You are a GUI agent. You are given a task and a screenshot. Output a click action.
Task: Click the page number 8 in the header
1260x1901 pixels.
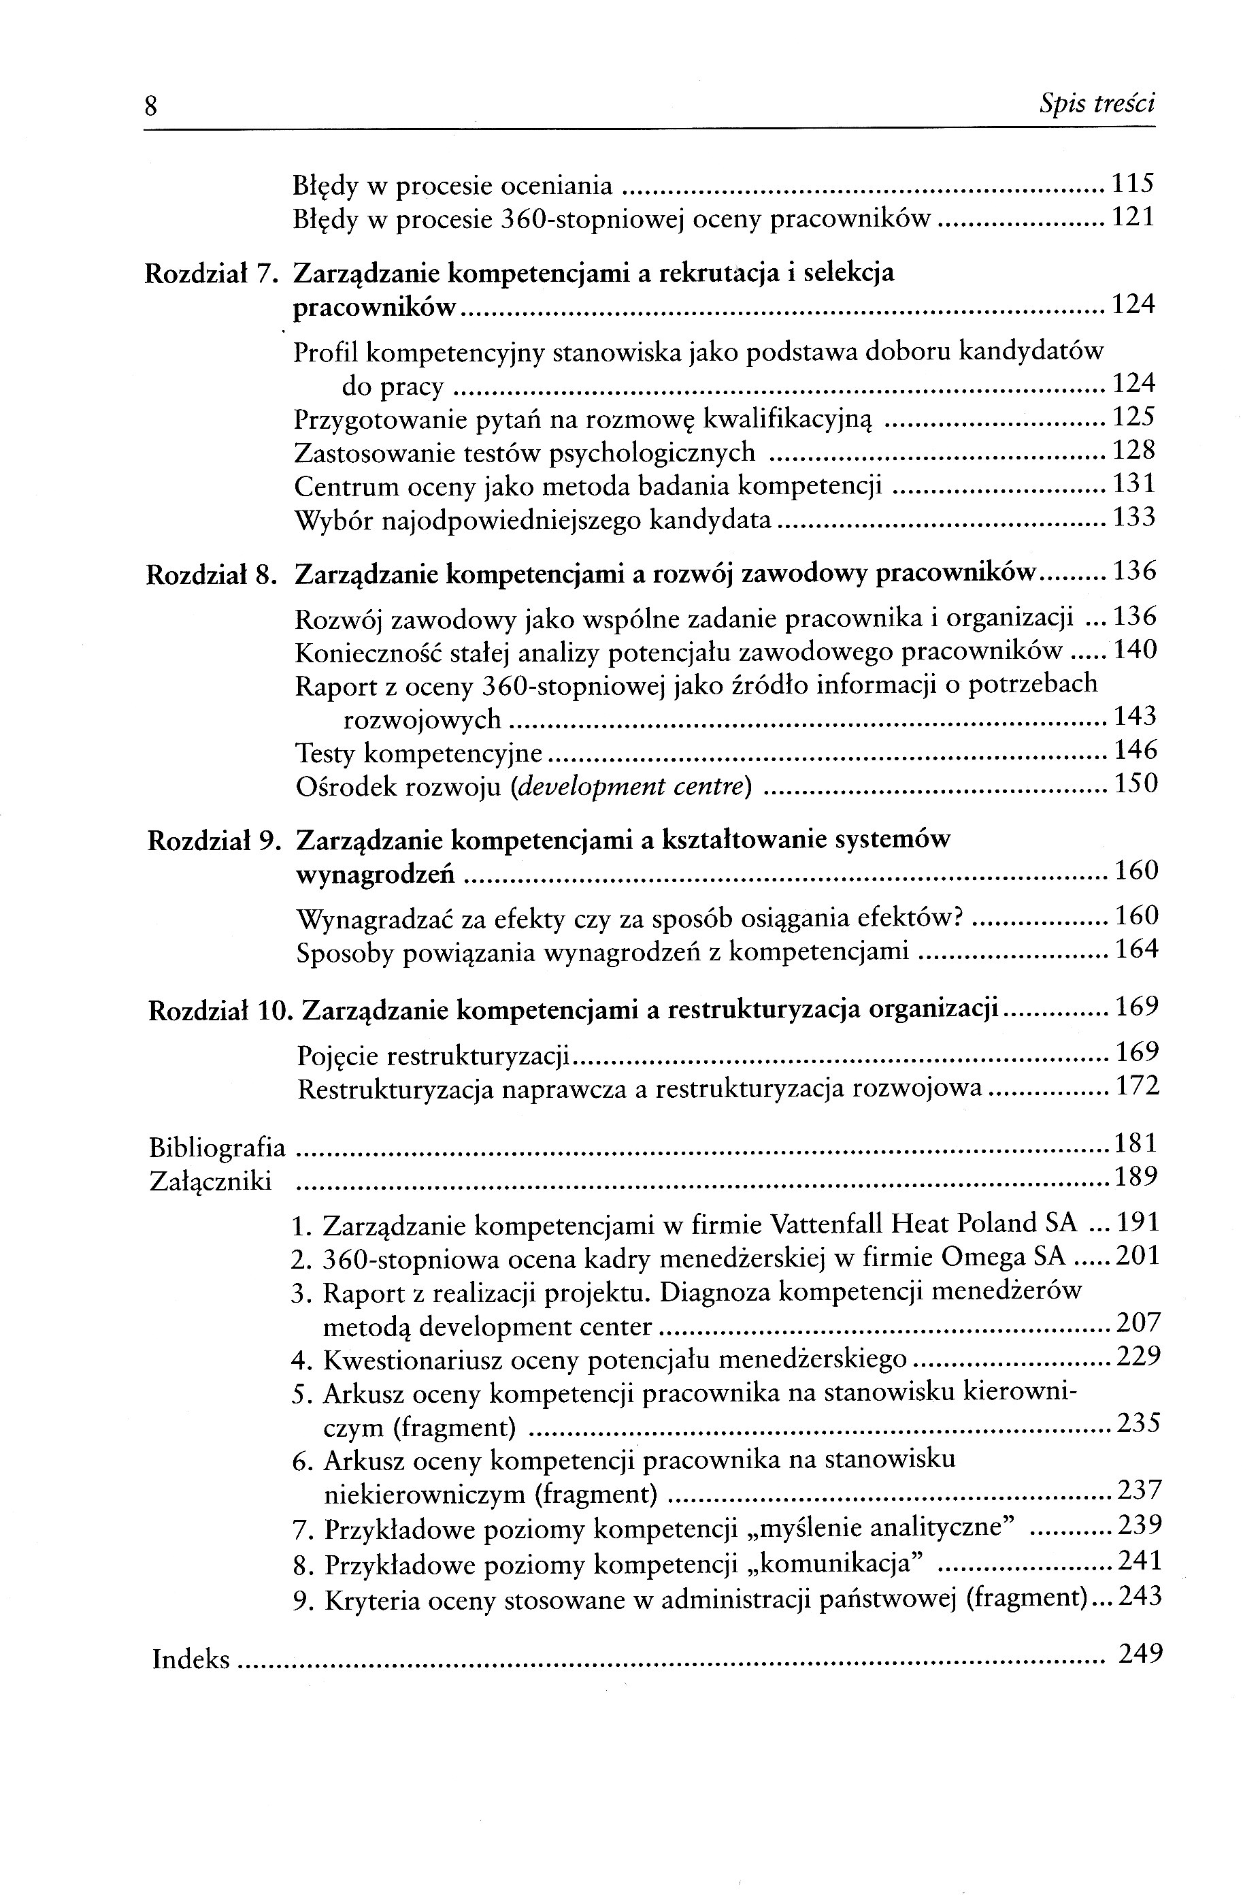150,106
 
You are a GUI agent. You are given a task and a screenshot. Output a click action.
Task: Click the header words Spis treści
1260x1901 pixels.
1096,103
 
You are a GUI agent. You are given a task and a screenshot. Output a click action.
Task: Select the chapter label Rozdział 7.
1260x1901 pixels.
210,274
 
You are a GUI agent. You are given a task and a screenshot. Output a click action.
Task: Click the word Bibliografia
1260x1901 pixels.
218,1147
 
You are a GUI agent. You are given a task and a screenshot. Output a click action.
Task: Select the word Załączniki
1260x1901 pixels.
210,1182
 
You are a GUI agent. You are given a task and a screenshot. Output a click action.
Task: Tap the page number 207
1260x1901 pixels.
1140,1322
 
